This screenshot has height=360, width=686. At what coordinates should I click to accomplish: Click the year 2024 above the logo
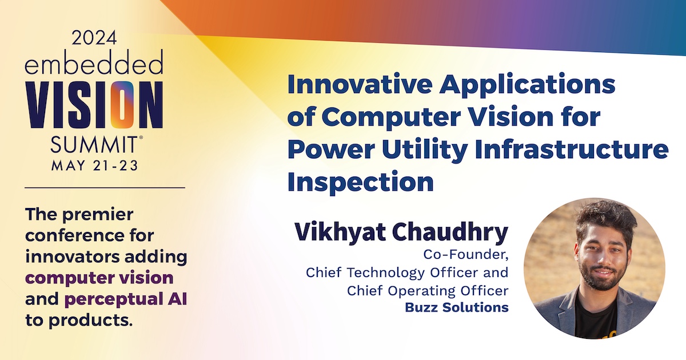click(x=94, y=38)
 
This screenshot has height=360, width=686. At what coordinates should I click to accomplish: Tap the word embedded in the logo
click(x=94, y=62)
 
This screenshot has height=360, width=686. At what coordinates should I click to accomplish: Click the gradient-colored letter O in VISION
click(x=122, y=105)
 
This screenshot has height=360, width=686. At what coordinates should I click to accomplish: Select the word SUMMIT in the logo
click(x=94, y=145)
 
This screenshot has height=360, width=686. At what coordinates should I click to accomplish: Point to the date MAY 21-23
click(x=95, y=166)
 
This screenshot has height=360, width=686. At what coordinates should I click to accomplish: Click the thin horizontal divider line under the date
click(x=105, y=187)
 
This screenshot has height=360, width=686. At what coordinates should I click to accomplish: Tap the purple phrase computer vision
click(x=99, y=278)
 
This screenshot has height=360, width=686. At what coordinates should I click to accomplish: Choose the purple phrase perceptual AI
click(x=126, y=299)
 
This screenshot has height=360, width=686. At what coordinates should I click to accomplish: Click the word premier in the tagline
click(x=98, y=214)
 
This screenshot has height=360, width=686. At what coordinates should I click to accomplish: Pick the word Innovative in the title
click(x=360, y=84)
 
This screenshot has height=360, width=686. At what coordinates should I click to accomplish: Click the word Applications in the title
click(x=527, y=85)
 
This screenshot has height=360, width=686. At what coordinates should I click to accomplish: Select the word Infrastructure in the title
click(x=572, y=149)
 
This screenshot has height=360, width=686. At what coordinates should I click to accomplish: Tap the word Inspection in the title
click(x=361, y=182)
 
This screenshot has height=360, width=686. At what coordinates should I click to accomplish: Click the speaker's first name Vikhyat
click(x=340, y=233)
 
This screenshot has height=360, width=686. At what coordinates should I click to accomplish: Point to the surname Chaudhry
click(x=450, y=233)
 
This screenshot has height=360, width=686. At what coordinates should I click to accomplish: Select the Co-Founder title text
click(x=466, y=254)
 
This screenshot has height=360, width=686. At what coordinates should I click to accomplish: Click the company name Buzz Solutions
click(x=457, y=307)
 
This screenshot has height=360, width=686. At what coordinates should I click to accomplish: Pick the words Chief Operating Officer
click(x=428, y=290)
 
